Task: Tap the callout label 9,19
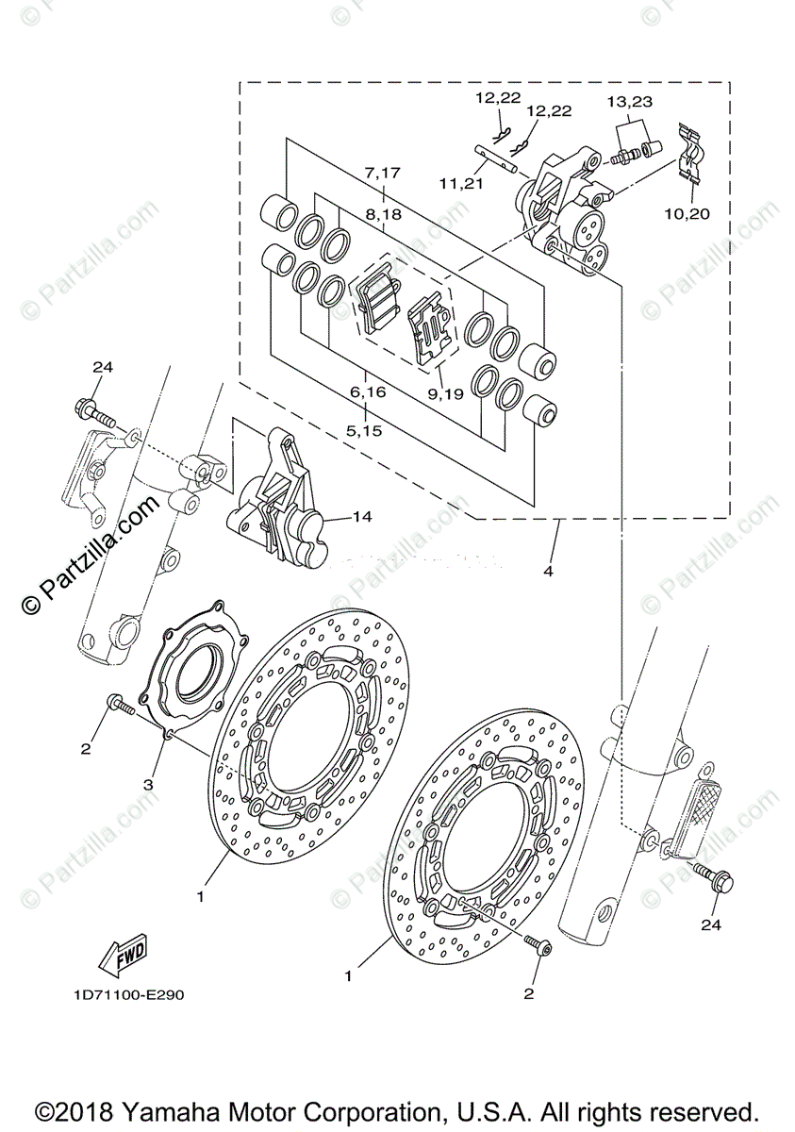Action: click(x=444, y=394)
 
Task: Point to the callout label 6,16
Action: click(x=367, y=391)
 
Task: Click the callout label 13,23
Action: click(x=629, y=101)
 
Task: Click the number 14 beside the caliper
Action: click(x=363, y=516)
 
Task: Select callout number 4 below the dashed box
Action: click(x=548, y=572)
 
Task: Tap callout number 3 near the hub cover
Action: click(x=147, y=784)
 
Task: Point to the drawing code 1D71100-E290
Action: click(x=120, y=995)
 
